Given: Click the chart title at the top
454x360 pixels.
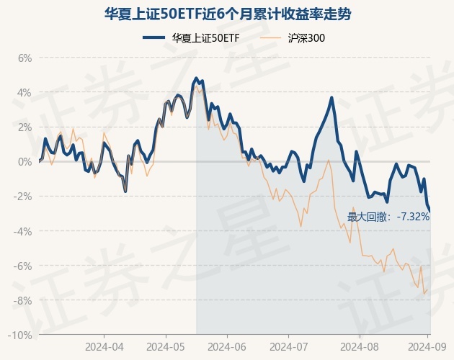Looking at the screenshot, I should (x=227, y=14).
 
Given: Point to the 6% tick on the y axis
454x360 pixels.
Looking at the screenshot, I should (x=25, y=58).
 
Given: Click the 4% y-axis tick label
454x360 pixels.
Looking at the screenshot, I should (x=25, y=92).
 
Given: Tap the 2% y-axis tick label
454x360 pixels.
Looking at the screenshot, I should (x=25, y=127).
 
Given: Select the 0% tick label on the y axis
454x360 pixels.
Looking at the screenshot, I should (x=25, y=161).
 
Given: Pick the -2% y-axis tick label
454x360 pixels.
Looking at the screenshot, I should (x=23, y=196).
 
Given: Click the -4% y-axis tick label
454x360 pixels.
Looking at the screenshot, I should (x=23, y=231).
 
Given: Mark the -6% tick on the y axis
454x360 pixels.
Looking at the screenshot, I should (x=23, y=266).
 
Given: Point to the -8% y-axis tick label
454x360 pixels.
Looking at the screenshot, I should (x=23, y=300).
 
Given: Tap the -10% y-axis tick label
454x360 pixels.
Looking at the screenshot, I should (x=21, y=335).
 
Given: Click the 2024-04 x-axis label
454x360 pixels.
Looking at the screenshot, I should (x=104, y=346).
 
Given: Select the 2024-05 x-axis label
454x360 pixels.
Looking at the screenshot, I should (x=166, y=346).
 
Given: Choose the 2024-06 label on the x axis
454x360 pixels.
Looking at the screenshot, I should (x=227, y=346).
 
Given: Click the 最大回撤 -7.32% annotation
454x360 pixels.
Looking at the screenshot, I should (x=388, y=216).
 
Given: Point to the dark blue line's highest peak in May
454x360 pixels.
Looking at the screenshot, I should (x=196, y=78).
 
